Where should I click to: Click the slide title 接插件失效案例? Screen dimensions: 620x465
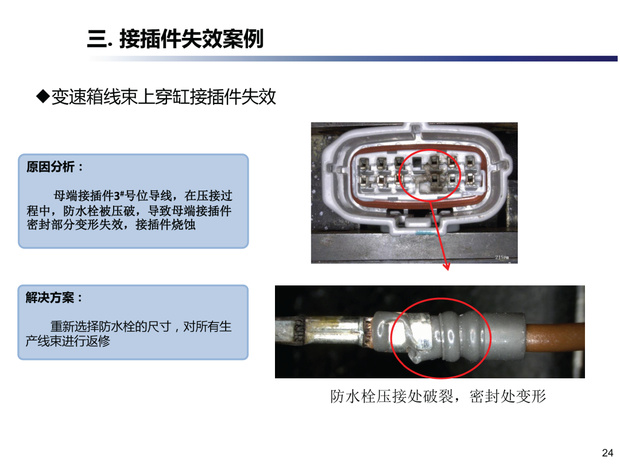click(191, 39)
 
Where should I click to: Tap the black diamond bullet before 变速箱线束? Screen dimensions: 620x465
click(42, 96)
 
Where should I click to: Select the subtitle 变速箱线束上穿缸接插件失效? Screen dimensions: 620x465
click(163, 96)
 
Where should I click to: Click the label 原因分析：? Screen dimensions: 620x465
click(55, 167)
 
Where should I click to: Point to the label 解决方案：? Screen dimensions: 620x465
click(55, 297)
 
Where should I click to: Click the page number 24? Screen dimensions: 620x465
click(607, 452)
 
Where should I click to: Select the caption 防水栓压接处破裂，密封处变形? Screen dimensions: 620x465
click(438, 396)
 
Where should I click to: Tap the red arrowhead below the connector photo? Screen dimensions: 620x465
click(447, 266)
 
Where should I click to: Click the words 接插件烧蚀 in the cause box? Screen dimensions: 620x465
click(166, 224)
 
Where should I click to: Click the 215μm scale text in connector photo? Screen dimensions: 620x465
click(502, 257)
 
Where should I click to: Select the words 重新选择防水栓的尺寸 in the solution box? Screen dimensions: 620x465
click(111, 327)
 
